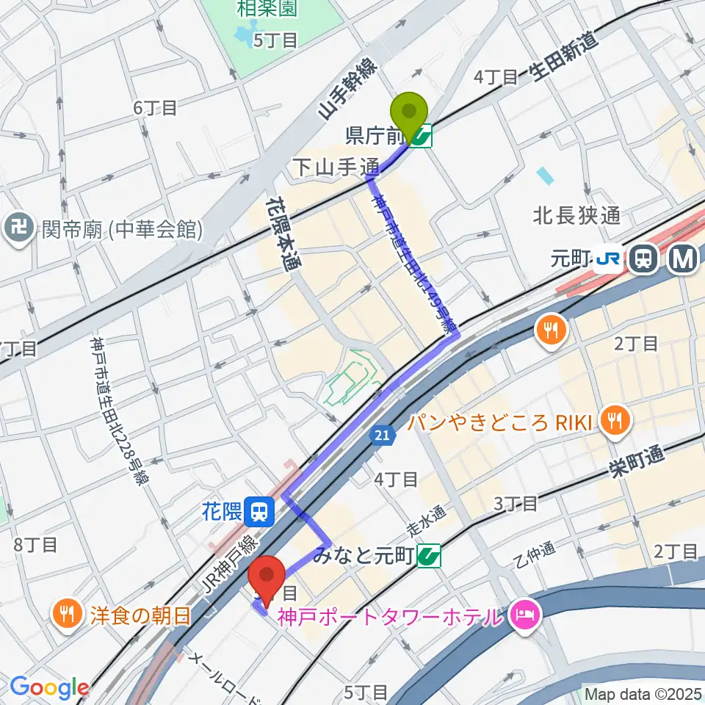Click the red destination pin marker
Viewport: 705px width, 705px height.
268,576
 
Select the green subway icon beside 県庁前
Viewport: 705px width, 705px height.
422,135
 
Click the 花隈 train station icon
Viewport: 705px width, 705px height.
258,510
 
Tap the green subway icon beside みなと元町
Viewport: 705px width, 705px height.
428,557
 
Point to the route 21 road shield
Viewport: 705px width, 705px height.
381,436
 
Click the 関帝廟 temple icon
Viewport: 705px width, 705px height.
16,230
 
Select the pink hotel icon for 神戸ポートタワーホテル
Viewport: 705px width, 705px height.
526,612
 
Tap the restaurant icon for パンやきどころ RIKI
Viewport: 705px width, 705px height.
611,420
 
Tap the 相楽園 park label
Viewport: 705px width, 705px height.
265,10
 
